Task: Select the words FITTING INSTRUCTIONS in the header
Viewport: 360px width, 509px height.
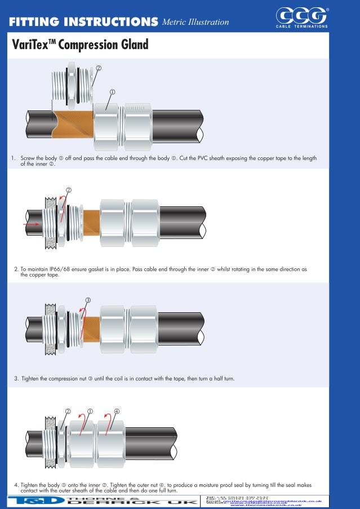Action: click(83, 22)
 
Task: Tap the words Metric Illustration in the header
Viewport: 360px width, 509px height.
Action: click(195, 22)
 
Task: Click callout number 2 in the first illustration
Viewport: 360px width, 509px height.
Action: click(99, 68)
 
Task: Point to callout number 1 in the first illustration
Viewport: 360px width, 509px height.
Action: click(112, 91)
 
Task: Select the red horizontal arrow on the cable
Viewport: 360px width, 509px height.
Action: click(32, 224)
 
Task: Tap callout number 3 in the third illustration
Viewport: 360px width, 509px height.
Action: click(88, 299)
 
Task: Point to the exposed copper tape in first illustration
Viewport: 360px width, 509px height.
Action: click(73, 121)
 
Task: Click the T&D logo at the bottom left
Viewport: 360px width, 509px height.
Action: click(33, 501)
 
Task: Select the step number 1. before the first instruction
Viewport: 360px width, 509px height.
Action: click(13, 158)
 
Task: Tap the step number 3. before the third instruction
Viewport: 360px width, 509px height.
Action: click(16, 378)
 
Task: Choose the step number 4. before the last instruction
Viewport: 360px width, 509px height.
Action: click(16, 485)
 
